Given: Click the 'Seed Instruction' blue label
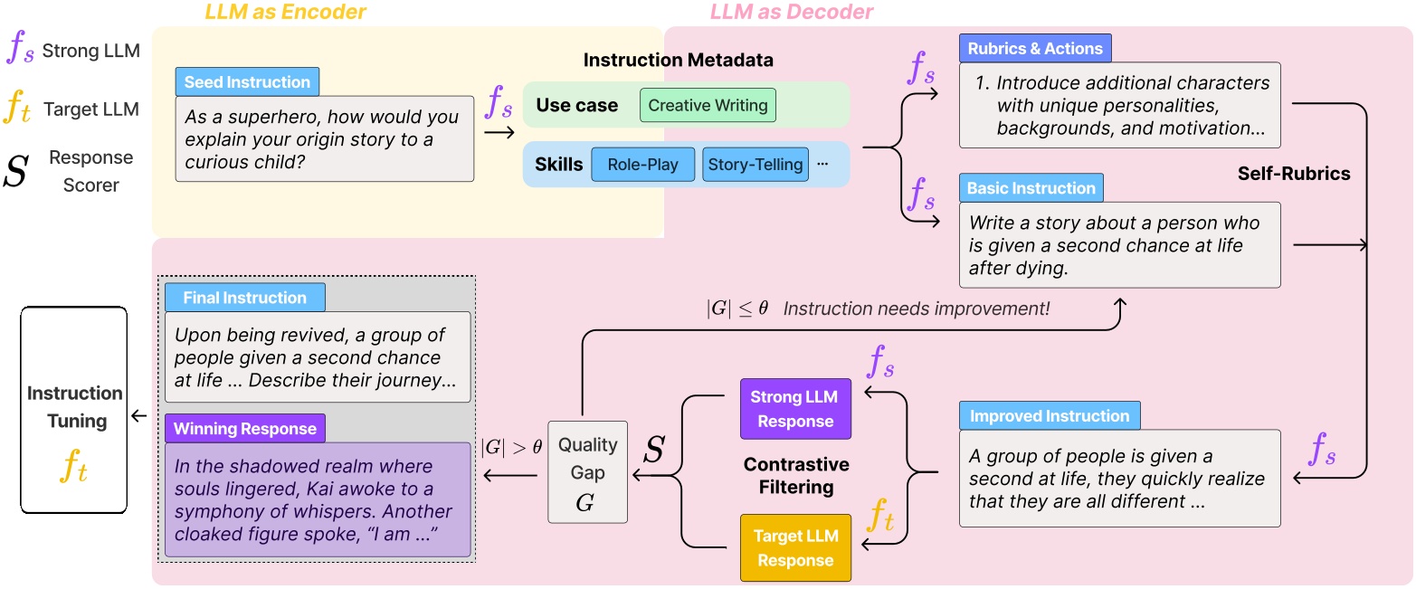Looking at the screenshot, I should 247,82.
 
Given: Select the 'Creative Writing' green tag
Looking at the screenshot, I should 708,105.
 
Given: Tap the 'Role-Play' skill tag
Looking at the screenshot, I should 642,165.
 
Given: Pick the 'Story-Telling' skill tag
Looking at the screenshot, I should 755,165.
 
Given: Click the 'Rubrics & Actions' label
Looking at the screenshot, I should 1035,48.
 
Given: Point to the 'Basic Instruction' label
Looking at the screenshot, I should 1031,188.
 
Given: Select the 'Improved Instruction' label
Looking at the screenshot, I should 1050,416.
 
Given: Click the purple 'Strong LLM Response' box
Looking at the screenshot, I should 795,410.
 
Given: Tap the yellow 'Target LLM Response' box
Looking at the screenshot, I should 795,548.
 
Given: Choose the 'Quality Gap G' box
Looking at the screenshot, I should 587,471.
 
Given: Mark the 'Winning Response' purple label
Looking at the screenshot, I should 244,428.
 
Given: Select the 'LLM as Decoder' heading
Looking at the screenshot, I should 792,12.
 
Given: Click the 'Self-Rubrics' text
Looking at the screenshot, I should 1293,174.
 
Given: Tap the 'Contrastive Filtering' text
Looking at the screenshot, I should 796,475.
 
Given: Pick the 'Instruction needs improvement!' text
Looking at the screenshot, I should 916,309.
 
